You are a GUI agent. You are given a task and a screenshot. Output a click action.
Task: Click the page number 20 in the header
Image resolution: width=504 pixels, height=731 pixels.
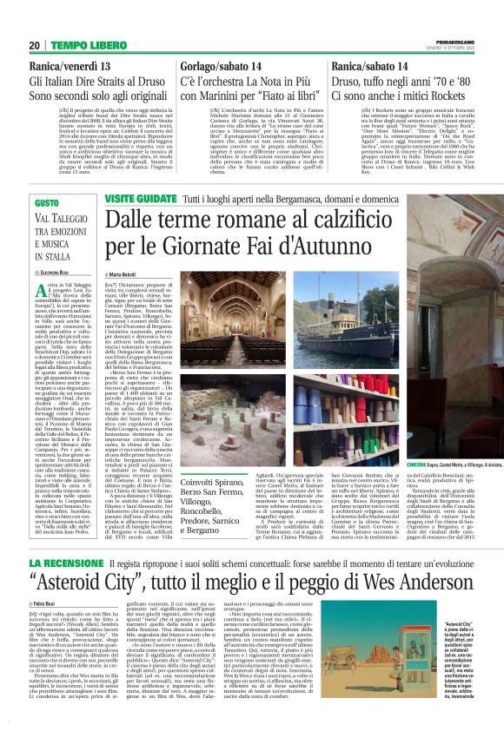[34, 45]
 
